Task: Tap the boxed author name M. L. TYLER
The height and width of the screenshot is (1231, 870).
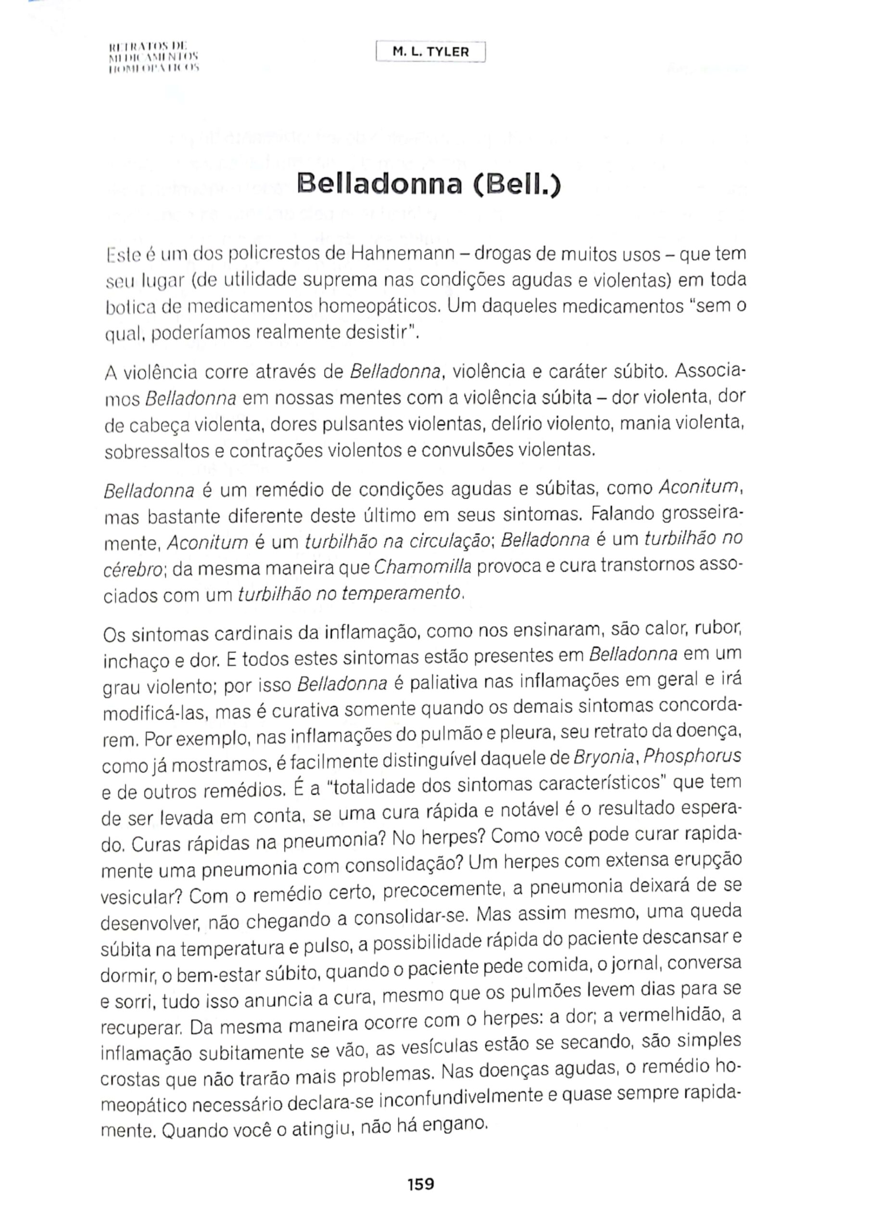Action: click(x=431, y=52)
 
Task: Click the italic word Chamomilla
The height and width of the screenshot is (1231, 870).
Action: click(x=422, y=567)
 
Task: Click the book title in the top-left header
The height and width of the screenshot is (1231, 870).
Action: click(x=154, y=56)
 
